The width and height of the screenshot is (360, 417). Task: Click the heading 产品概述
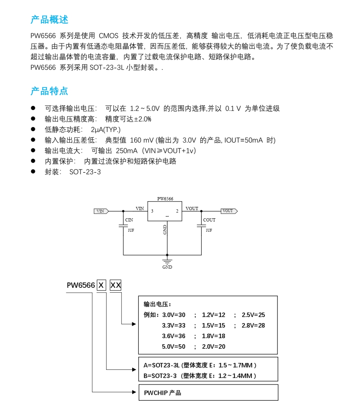click(x=49, y=20)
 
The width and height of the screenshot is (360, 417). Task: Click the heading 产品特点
click(x=49, y=91)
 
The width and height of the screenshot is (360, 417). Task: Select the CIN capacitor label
click(x=129, y=220)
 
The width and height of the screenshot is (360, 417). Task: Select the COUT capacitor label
click(x=209, y=220)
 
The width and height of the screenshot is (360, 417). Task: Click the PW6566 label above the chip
click(x=165, y=199)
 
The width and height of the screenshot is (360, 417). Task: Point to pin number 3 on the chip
click(x=152, y=211)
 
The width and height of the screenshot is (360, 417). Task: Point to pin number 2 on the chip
click(x=177, y=211)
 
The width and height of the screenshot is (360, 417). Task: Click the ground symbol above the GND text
click(x=167, y=260)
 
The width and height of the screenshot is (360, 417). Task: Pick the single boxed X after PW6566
click(x=101, y=285)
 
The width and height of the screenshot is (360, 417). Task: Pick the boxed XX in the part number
click(x=116, y=285)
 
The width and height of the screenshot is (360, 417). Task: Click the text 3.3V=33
click(x=174, y=326)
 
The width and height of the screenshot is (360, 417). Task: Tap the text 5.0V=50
click(x=174, y=347)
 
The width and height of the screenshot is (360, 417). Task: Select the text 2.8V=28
click(x=253, y=326)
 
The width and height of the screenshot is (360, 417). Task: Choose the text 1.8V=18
click(x=214, y=336)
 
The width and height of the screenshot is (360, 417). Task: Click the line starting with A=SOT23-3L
click(x=200, y=365)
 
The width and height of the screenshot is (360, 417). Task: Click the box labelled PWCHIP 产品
click(x=208, y=393)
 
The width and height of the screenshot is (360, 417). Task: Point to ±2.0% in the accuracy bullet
click(x=142, y=119)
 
